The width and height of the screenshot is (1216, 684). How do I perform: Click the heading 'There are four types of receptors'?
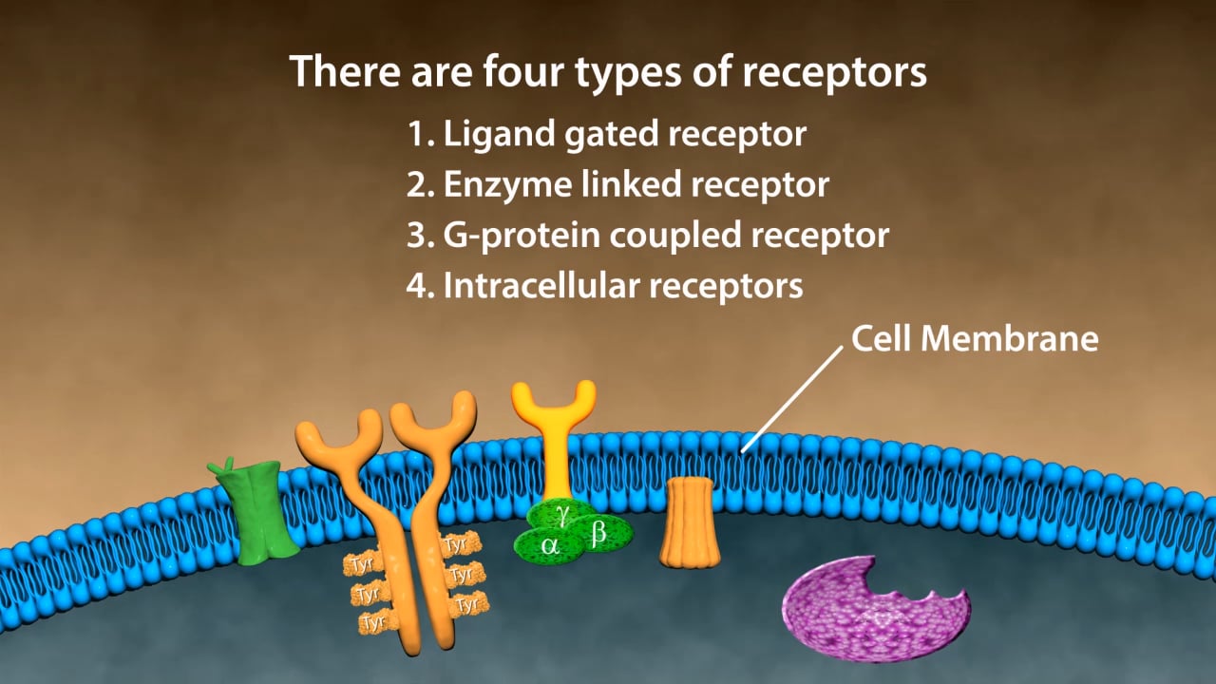[x=608, y=72]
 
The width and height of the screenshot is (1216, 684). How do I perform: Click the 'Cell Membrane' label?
[x=975, y=339]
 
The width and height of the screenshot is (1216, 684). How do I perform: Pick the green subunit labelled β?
[x=599, y=535]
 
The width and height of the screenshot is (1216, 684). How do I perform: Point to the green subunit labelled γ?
[x=563, y=514]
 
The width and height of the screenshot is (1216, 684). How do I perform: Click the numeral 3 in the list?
[x=417, y=236]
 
